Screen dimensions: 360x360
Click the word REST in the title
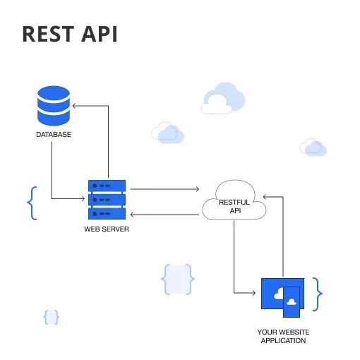[x=48, y=34]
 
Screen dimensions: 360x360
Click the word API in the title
[x=98, y=34]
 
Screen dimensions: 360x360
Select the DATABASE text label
[x=54, y=134]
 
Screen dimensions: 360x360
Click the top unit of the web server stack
[x=107, y=186]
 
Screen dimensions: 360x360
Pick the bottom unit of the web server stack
[x=107, y=214]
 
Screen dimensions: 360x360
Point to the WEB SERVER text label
[x=107, y=229]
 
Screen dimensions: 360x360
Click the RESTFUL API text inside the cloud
[x=234, y=206]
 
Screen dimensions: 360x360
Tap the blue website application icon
[x=282, y=295]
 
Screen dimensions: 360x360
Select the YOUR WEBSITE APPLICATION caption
[x=283, y=336]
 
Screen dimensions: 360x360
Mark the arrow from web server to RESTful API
[x=164, y=189]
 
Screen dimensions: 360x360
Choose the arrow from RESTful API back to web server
[x=164, y=215]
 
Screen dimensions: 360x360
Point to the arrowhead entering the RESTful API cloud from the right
[x=265, y=197]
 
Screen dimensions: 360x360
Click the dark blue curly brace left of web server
[x=31, y=203]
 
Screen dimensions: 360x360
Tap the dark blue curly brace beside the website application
[x=318, y=294]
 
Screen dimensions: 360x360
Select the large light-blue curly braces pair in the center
[x=177, y=280]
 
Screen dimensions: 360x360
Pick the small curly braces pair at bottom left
[x=51, y=317]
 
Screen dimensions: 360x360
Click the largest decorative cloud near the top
[x=222, y=99]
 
